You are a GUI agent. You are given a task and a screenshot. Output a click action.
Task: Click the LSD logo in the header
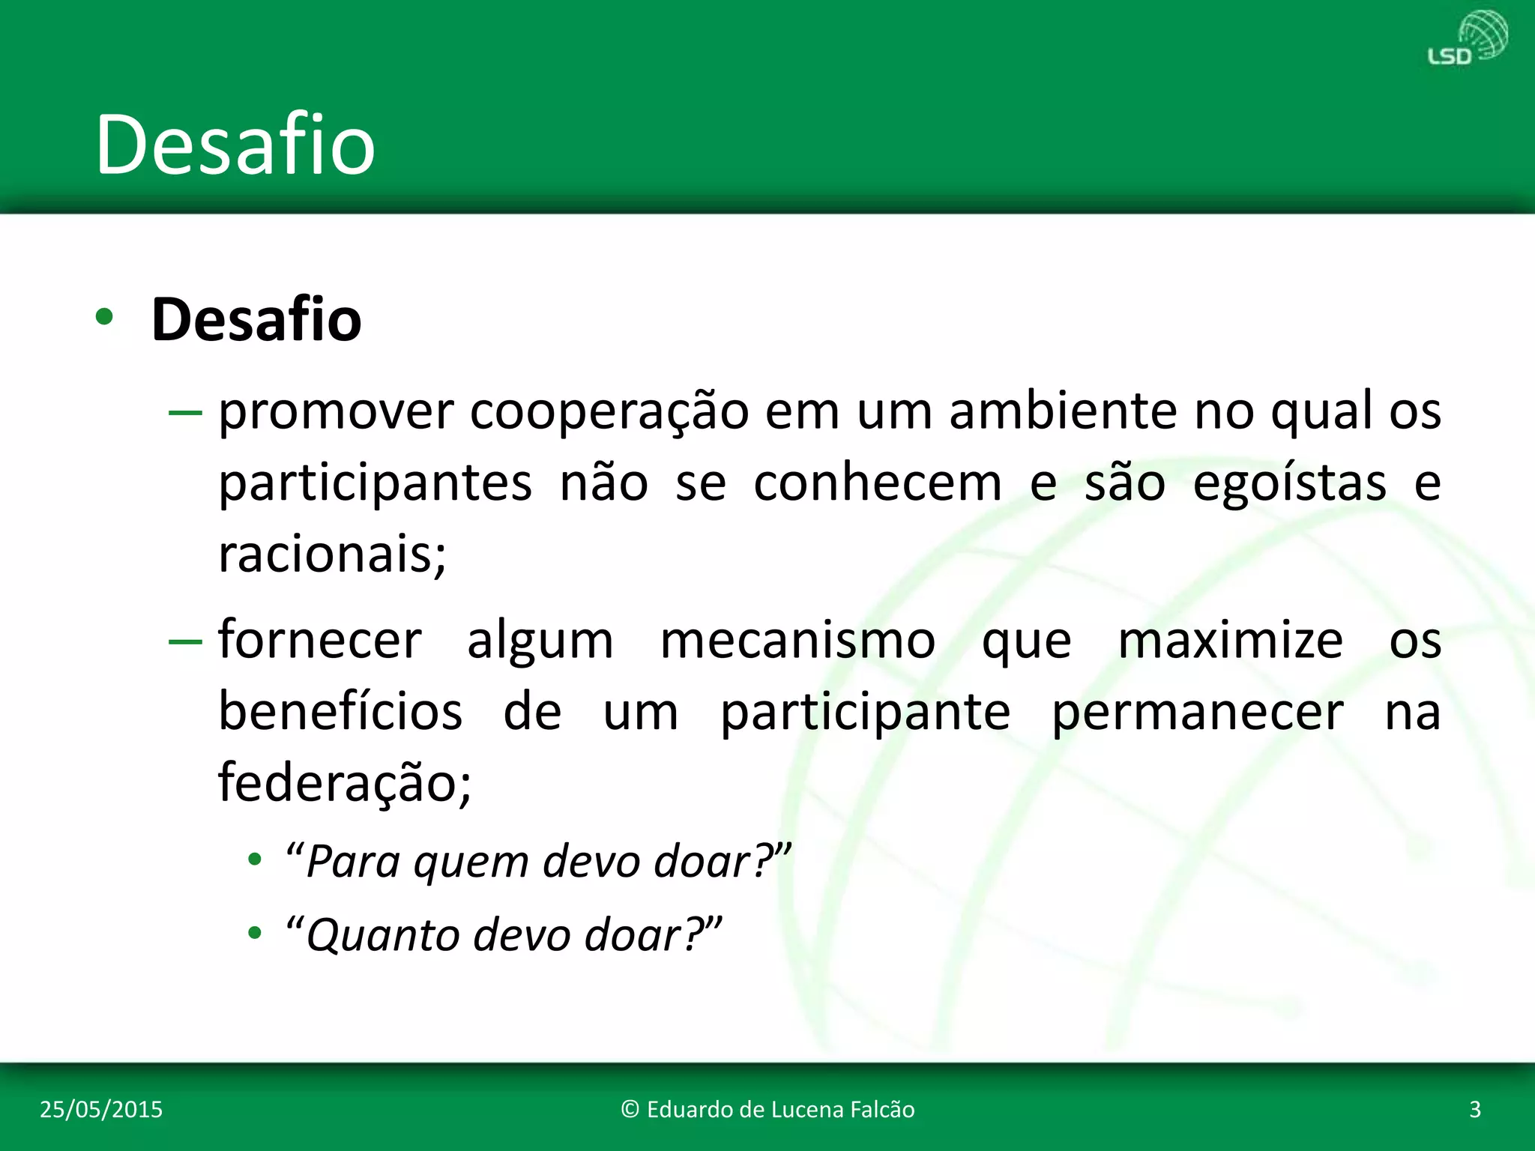point(1467,39)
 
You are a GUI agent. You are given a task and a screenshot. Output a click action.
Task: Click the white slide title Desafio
point(235,145)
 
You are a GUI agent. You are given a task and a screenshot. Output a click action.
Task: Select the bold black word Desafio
point(256,320)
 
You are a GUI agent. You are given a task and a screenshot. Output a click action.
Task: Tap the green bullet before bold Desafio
point(104,318)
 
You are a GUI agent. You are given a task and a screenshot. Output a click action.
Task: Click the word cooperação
point(609,412)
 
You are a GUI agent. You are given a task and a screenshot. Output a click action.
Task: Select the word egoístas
point(1289,483)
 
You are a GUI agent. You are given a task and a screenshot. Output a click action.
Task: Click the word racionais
point(331,555)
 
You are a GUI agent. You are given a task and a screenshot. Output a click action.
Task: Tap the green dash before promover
point(185,413)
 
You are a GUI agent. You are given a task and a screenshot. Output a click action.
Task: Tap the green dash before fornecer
point(185,641)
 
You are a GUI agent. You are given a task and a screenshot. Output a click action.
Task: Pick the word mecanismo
point(797,641)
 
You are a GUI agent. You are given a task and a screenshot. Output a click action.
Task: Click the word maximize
point(1230,641)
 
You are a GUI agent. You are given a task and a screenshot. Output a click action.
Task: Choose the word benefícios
point(340,712)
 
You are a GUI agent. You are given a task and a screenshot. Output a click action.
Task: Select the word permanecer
point(1197,713)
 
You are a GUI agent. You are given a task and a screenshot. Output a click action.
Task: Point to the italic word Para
point(352,862)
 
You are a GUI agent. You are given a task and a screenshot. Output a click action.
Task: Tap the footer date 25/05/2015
point(101,1109)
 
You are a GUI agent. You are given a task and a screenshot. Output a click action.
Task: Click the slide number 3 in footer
point(1474,1109)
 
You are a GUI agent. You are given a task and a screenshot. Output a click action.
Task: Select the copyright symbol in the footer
point(630,1110)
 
